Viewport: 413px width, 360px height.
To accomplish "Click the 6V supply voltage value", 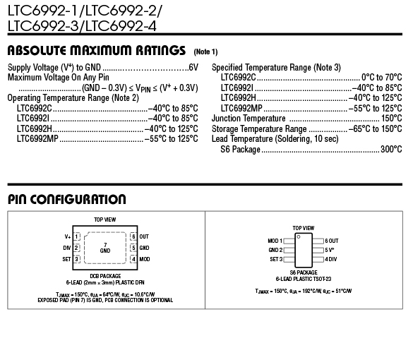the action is (x=193, y=68).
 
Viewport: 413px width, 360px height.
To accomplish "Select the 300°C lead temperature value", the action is (x=391, y=150).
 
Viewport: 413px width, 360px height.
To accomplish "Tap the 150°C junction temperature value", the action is (x=392, y=119).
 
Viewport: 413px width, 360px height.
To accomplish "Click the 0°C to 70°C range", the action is (x=382, y=78).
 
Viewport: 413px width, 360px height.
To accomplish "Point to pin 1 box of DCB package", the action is (x=76, y=236).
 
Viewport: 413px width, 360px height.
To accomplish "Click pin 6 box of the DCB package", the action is (x=133, y=236).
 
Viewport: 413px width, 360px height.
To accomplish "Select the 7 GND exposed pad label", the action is (x=105, y=248).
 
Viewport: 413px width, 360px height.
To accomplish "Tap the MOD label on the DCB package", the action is (x=144, y=259).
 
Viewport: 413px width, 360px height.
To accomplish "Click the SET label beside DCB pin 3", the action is (x=66, y=259).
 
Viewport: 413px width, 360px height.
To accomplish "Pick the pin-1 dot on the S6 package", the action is (x=299, y=236).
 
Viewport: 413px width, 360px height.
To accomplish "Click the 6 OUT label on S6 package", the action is (x=332, y=241).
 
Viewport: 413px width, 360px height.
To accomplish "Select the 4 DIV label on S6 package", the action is (x=331, y=259).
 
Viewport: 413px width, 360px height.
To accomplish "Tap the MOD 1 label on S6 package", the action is (x=275, y=241).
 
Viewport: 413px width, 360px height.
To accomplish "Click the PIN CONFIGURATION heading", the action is (x=67, y=199).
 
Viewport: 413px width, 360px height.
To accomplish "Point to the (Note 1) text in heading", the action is (x=205, y=52).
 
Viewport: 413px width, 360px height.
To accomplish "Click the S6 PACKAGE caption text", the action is (x=304, y=272).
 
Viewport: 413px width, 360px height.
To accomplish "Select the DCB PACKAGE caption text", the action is (x=105, y=276).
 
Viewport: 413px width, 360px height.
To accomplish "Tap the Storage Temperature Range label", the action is (x=259, y=129).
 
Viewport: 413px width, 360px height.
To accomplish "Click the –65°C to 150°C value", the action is (x=376, y=128).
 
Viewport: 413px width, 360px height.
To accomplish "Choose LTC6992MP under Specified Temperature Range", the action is (x=241, y=108).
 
